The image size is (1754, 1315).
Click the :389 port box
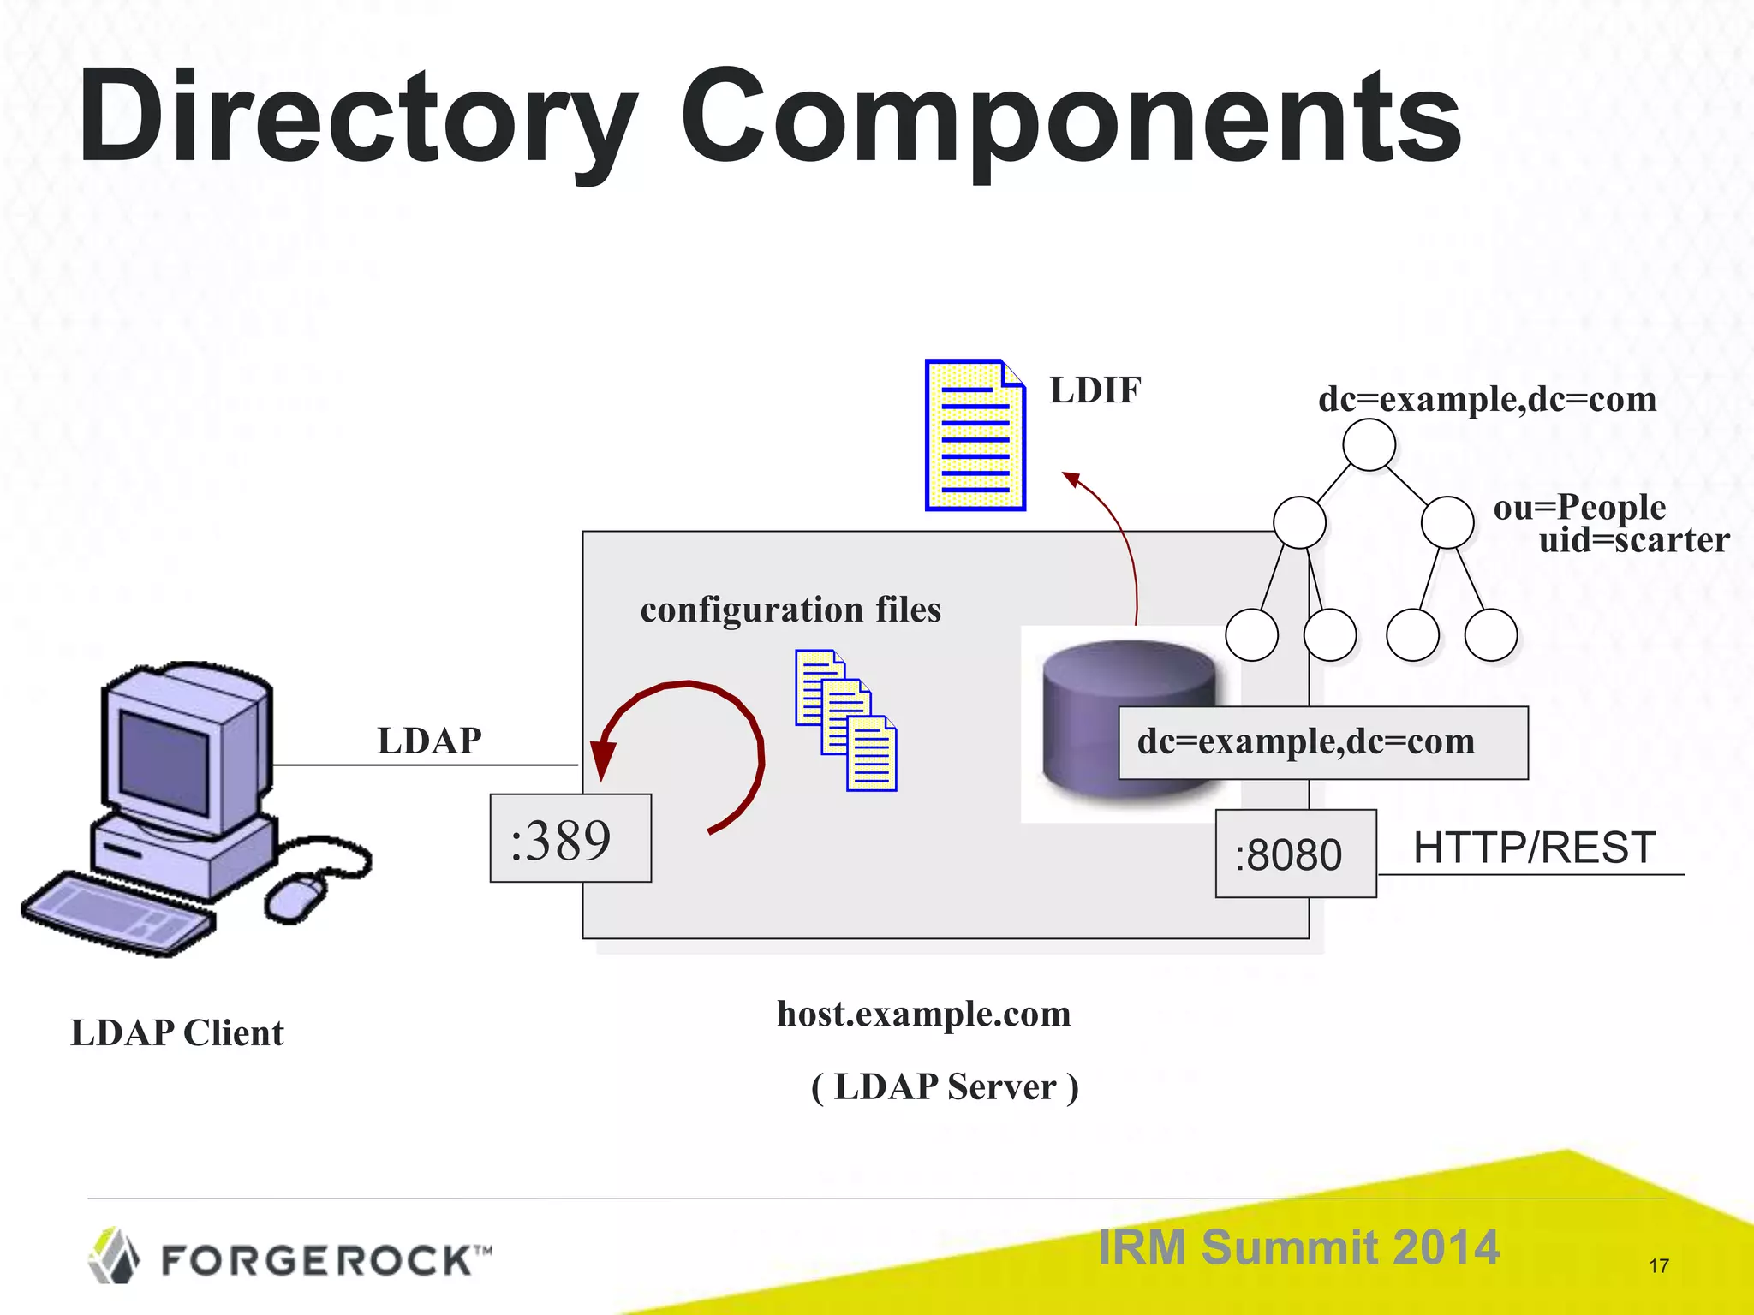[570, 838]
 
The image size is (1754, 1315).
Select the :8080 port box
[1295, 854]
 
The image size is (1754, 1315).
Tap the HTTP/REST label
[1533, 848]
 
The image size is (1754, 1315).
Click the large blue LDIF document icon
[975, 436]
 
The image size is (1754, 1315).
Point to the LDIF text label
[1095, 390]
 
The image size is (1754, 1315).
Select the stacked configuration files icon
[845, 720]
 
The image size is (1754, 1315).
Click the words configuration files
[790, 610]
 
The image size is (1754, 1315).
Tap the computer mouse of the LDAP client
[295, 896]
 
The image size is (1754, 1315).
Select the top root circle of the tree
[1369, 444]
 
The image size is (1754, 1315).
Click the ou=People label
[1579, 507]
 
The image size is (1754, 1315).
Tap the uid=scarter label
[1633, 540]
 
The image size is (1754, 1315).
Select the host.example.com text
[923, 1014]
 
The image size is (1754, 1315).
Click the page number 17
[1658, 1265]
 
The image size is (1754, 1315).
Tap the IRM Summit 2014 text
[1298, 1247]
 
